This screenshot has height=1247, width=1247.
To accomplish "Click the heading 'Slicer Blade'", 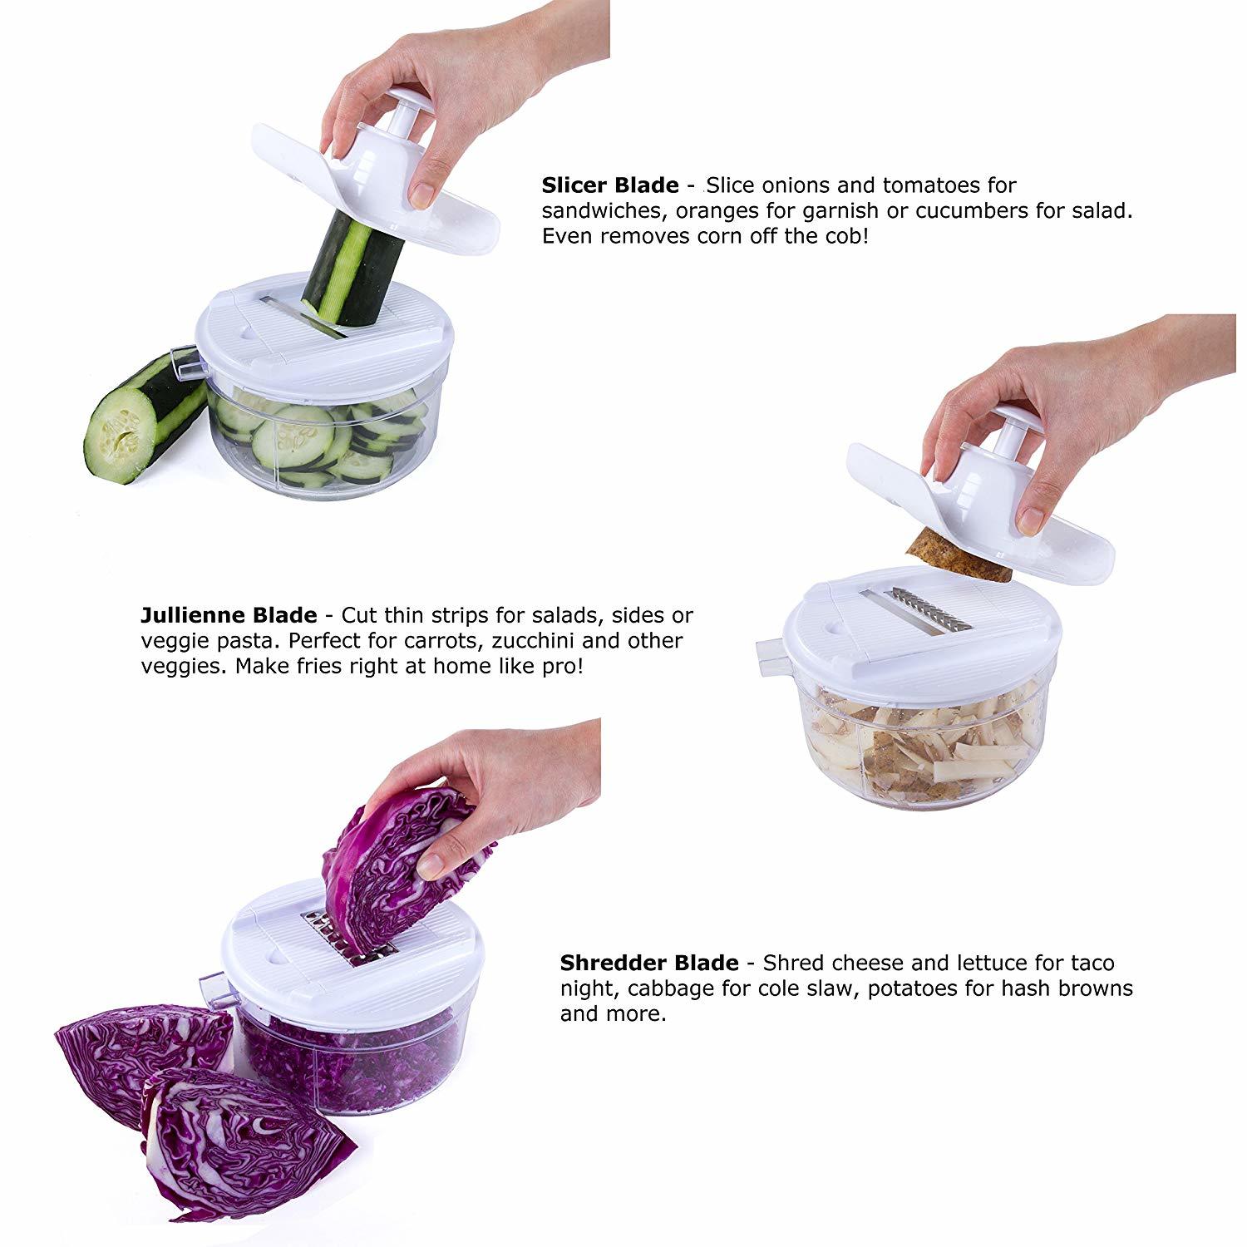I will tap(609, 185).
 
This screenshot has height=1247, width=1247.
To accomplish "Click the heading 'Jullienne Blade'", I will tap(229, 616).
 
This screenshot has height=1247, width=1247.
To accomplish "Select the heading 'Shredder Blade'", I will tap(648, 964).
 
